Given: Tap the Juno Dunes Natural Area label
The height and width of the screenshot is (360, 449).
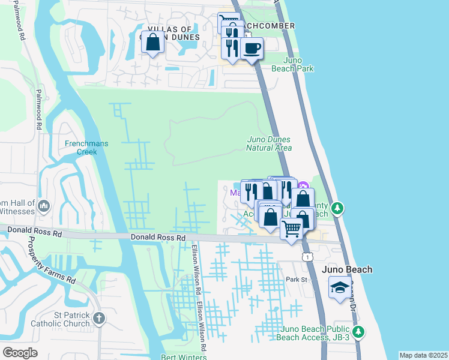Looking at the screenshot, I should (x=270, y=143).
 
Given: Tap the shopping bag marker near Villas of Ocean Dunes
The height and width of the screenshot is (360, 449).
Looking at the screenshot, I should (x=153, y=43).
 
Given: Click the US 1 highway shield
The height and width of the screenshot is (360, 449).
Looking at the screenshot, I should (x=306, y=257).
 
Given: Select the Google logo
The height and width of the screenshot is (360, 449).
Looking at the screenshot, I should (x=20, y=352).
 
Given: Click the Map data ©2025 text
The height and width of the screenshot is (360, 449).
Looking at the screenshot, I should (x=423, y=355).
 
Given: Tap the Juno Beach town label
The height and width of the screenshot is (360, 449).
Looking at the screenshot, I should (x=348, y=269).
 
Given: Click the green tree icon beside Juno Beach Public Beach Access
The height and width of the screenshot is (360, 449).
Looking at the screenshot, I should (x=358, y=331).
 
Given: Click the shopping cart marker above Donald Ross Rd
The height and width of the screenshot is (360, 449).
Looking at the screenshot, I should (x=292, y=229).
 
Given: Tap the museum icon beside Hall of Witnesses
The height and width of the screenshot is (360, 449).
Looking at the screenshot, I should (x=43, y=207).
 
